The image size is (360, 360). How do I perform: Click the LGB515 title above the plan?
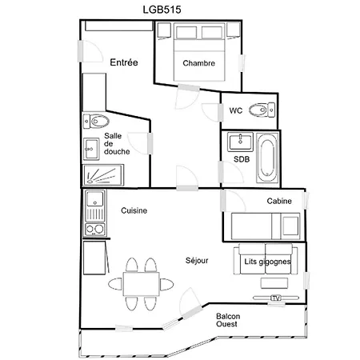tap(162, 10)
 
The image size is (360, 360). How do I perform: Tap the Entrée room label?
tap(124, 62)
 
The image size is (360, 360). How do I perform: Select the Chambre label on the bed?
tap(199, 63)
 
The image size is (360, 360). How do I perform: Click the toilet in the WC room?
tap(262, 110)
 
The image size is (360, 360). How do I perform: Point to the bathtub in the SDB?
tap(267, 158)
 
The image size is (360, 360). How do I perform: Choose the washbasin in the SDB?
tap(240, 142)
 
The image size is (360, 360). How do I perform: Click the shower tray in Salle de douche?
tap(103, 175)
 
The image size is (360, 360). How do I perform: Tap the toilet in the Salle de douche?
tap(96, 122)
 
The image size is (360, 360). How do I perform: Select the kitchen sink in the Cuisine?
tap(95, 198)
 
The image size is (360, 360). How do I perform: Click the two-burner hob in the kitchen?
tap(95, 229)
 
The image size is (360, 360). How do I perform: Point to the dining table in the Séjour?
tap(141, 284)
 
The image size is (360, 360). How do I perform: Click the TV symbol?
tap(276, 298)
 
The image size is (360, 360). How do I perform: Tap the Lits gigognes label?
tap(267, 262)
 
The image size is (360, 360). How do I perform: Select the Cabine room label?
tap(279, 201)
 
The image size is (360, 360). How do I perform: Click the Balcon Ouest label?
tap(228, 320)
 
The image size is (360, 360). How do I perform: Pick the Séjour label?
tap(197, 260)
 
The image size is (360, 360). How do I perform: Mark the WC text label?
tap(236, 110)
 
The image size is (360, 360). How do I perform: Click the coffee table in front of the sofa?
tap(274, 283)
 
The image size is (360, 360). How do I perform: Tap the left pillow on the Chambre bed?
tap(186, 33)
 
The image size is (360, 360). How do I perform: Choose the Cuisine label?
tap(134, 210)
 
